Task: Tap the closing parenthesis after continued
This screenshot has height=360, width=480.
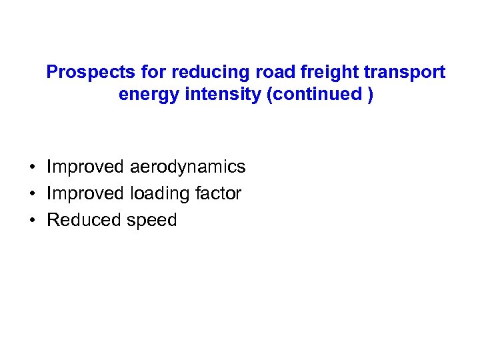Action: point(370,95)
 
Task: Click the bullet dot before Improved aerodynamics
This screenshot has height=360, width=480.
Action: point(32,167)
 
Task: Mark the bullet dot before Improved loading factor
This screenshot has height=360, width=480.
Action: point(32,194)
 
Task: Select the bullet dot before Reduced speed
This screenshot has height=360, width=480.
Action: point(32,221)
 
